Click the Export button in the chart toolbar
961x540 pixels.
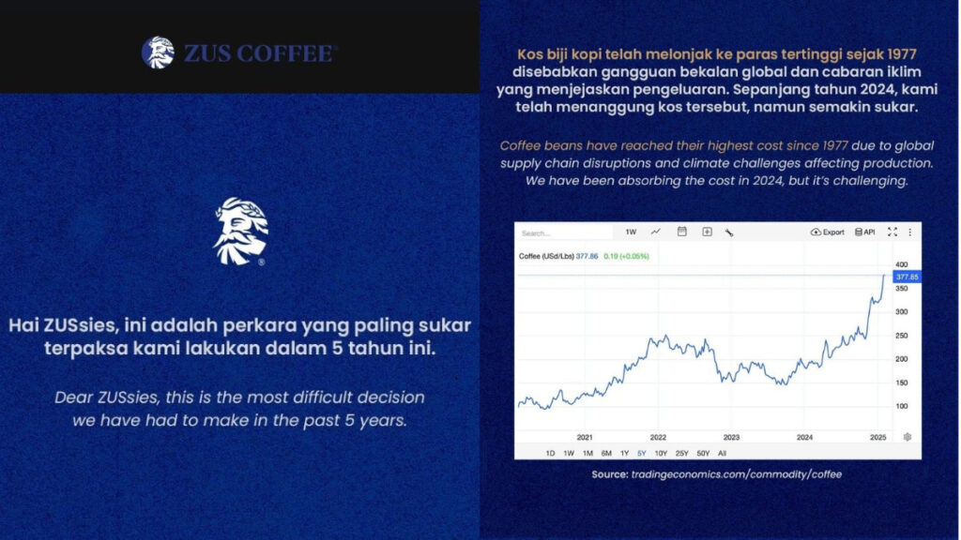(828, 232)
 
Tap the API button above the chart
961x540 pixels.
(864, 232)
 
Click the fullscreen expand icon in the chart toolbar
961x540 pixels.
(892, 232)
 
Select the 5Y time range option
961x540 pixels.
(642, 454)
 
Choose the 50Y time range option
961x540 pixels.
(703, 454)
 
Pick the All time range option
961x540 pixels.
(722, 454)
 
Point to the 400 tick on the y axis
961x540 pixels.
(901, 264)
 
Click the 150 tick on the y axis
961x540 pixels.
(901, 382)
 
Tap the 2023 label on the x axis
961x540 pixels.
(731, 437)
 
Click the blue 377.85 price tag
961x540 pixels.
(908, 277)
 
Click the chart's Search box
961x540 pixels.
(564, 232)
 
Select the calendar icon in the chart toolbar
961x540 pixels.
(681, 232)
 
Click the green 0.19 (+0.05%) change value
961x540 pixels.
(626, 257)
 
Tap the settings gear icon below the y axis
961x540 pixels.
(908, 437)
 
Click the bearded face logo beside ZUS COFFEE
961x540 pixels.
(158, 52)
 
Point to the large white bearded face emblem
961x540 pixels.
(241, 232)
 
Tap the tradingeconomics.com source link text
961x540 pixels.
(736, 474)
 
